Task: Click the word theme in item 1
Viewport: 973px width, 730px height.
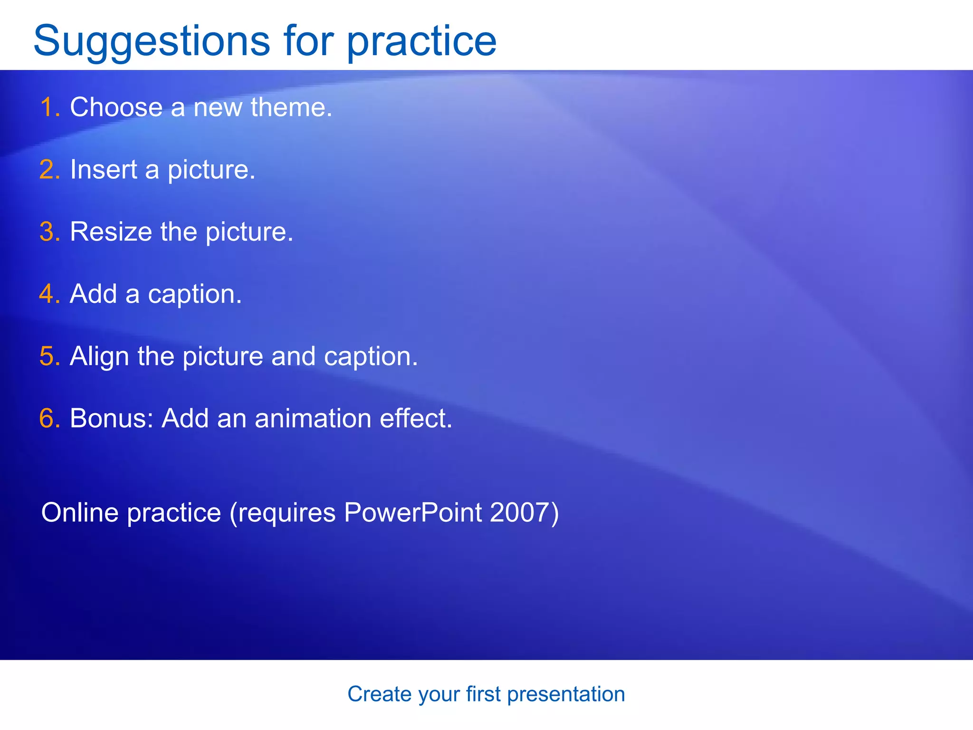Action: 290,107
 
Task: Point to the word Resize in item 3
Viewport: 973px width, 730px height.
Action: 111,232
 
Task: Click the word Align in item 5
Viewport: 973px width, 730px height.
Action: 99,356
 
